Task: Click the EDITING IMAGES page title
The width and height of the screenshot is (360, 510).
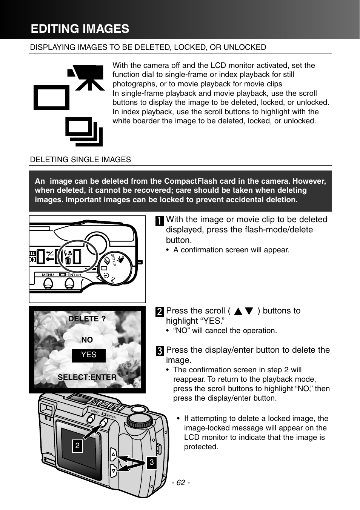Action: [80, 29]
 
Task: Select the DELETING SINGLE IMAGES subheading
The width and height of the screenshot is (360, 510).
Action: [80, 160]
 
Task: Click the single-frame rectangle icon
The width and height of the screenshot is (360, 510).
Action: [52, 98]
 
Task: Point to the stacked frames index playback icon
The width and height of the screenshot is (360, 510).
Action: [84, 132]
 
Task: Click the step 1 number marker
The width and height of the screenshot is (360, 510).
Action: [160, 221]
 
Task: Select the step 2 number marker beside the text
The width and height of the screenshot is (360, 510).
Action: [160, 312]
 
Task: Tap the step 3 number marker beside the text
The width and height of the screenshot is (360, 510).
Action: [160, 351]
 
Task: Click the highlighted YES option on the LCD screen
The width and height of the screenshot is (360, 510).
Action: [89, 355]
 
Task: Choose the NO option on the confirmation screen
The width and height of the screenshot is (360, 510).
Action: [87, 340]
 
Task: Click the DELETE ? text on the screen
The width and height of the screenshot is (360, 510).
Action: [87, 319]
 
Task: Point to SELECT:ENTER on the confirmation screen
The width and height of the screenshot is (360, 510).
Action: [87, 377]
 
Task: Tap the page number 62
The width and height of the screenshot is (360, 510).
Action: [181, 482]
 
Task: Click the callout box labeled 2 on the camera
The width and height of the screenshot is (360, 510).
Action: [77, 446]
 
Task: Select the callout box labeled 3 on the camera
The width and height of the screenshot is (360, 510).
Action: [152, 462]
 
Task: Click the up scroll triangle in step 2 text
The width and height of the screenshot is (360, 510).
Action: [238, 312]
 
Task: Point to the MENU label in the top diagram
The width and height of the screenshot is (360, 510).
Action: [48, 275]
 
